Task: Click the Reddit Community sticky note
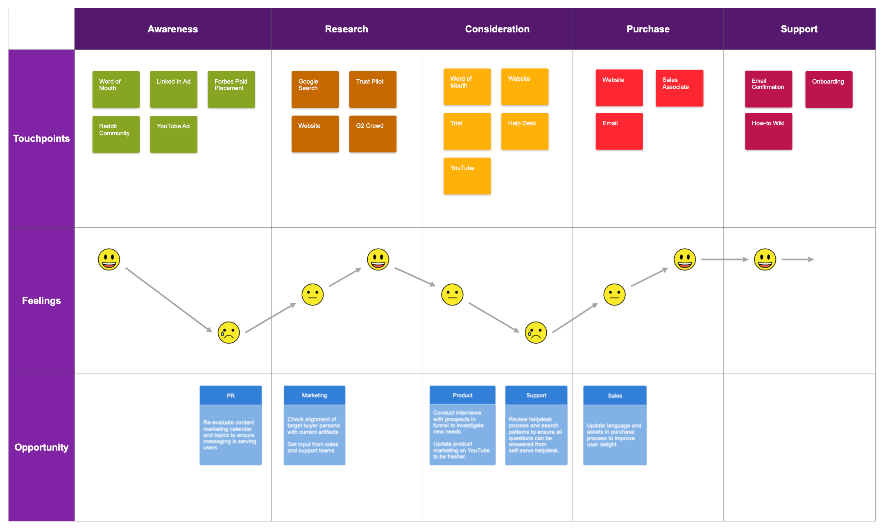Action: [x=116, y=134]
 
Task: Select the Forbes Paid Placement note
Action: [x=231, y=89]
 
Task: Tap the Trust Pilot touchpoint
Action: [x=372, y=89]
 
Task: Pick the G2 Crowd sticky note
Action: [x=372, y=134]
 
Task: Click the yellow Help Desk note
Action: [x=524, y=131]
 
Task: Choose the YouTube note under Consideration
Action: [x=467, y=176]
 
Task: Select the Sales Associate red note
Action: [x=679, y=88]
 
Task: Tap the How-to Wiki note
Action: [x=768, y=131]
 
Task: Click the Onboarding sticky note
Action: [x=829, y=89]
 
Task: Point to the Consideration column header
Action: [x=497, y=29]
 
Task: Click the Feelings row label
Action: [x=41, y=301]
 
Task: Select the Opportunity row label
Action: [x=41, y=447]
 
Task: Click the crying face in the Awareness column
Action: [x=229, y=332]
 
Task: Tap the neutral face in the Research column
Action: [x=312, y=295]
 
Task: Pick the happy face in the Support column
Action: [x=765, y=259]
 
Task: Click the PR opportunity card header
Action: [x=231, y=396]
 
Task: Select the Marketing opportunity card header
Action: [x=314, y=395]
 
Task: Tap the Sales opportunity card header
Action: [x=614, y=396]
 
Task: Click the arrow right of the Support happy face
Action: [x=797, y=259]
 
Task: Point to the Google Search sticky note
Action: [x=315, y=89]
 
